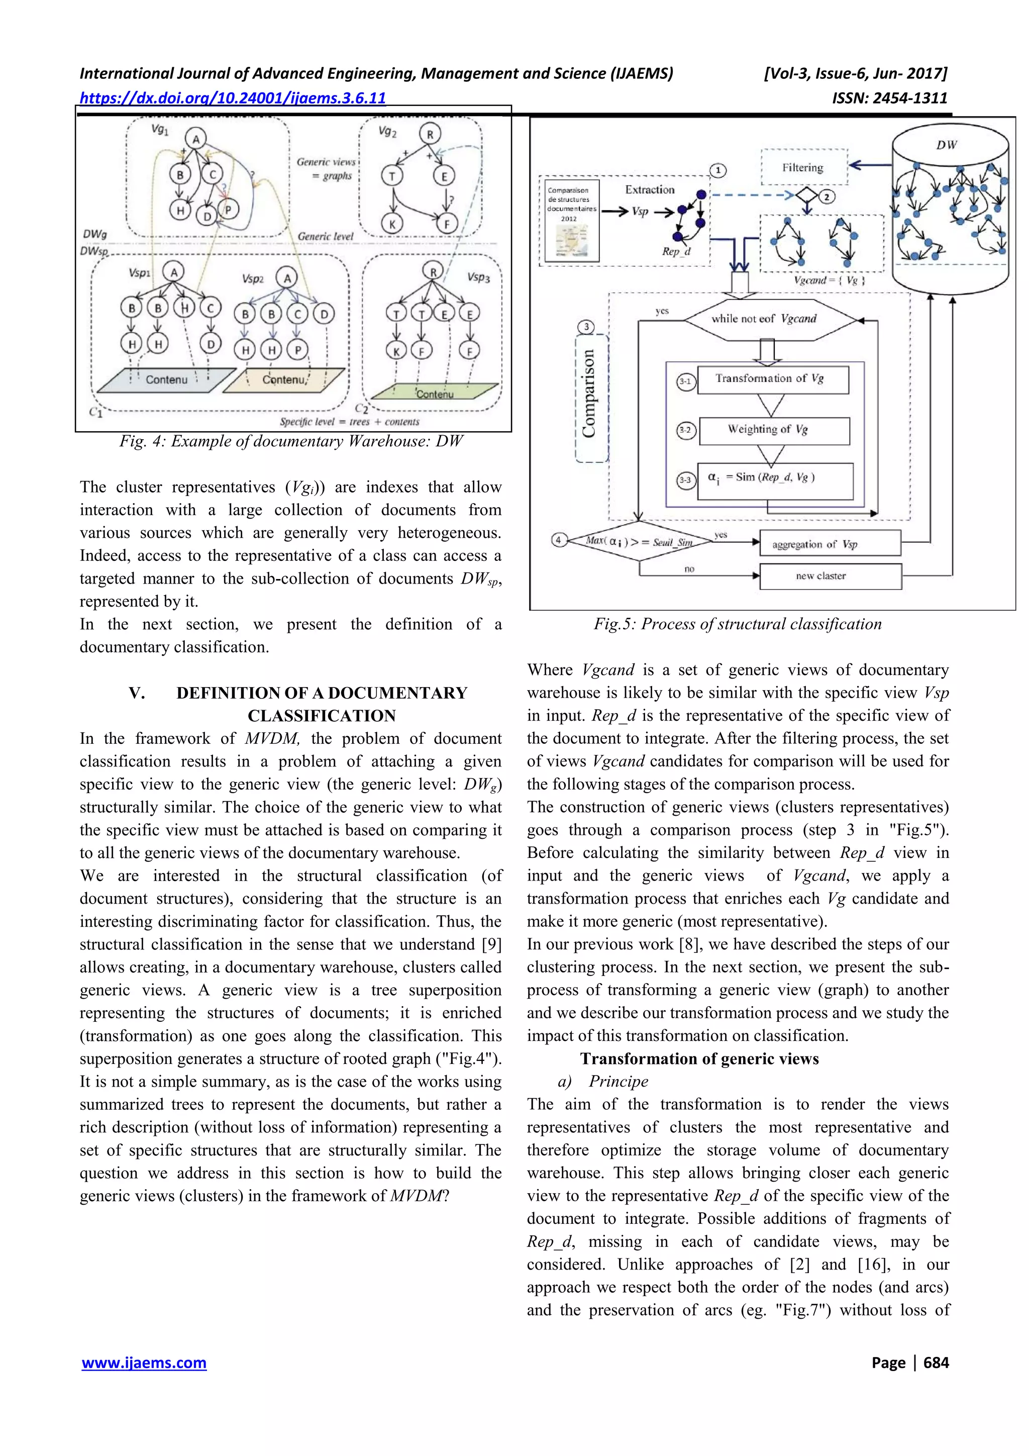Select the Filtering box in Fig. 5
click(803, 168)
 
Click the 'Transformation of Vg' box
click(772, 379)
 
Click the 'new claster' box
click(830, 576)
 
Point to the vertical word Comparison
click(589, 393)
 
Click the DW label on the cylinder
click(947, 145)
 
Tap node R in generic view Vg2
click(430, 134)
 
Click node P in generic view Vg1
click(228, 209)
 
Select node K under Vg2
click(392, 223)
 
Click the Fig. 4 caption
click(291, 441)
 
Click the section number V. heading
click(137, 693)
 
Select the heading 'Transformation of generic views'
click(699, 1059)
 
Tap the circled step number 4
click(558, 540)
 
